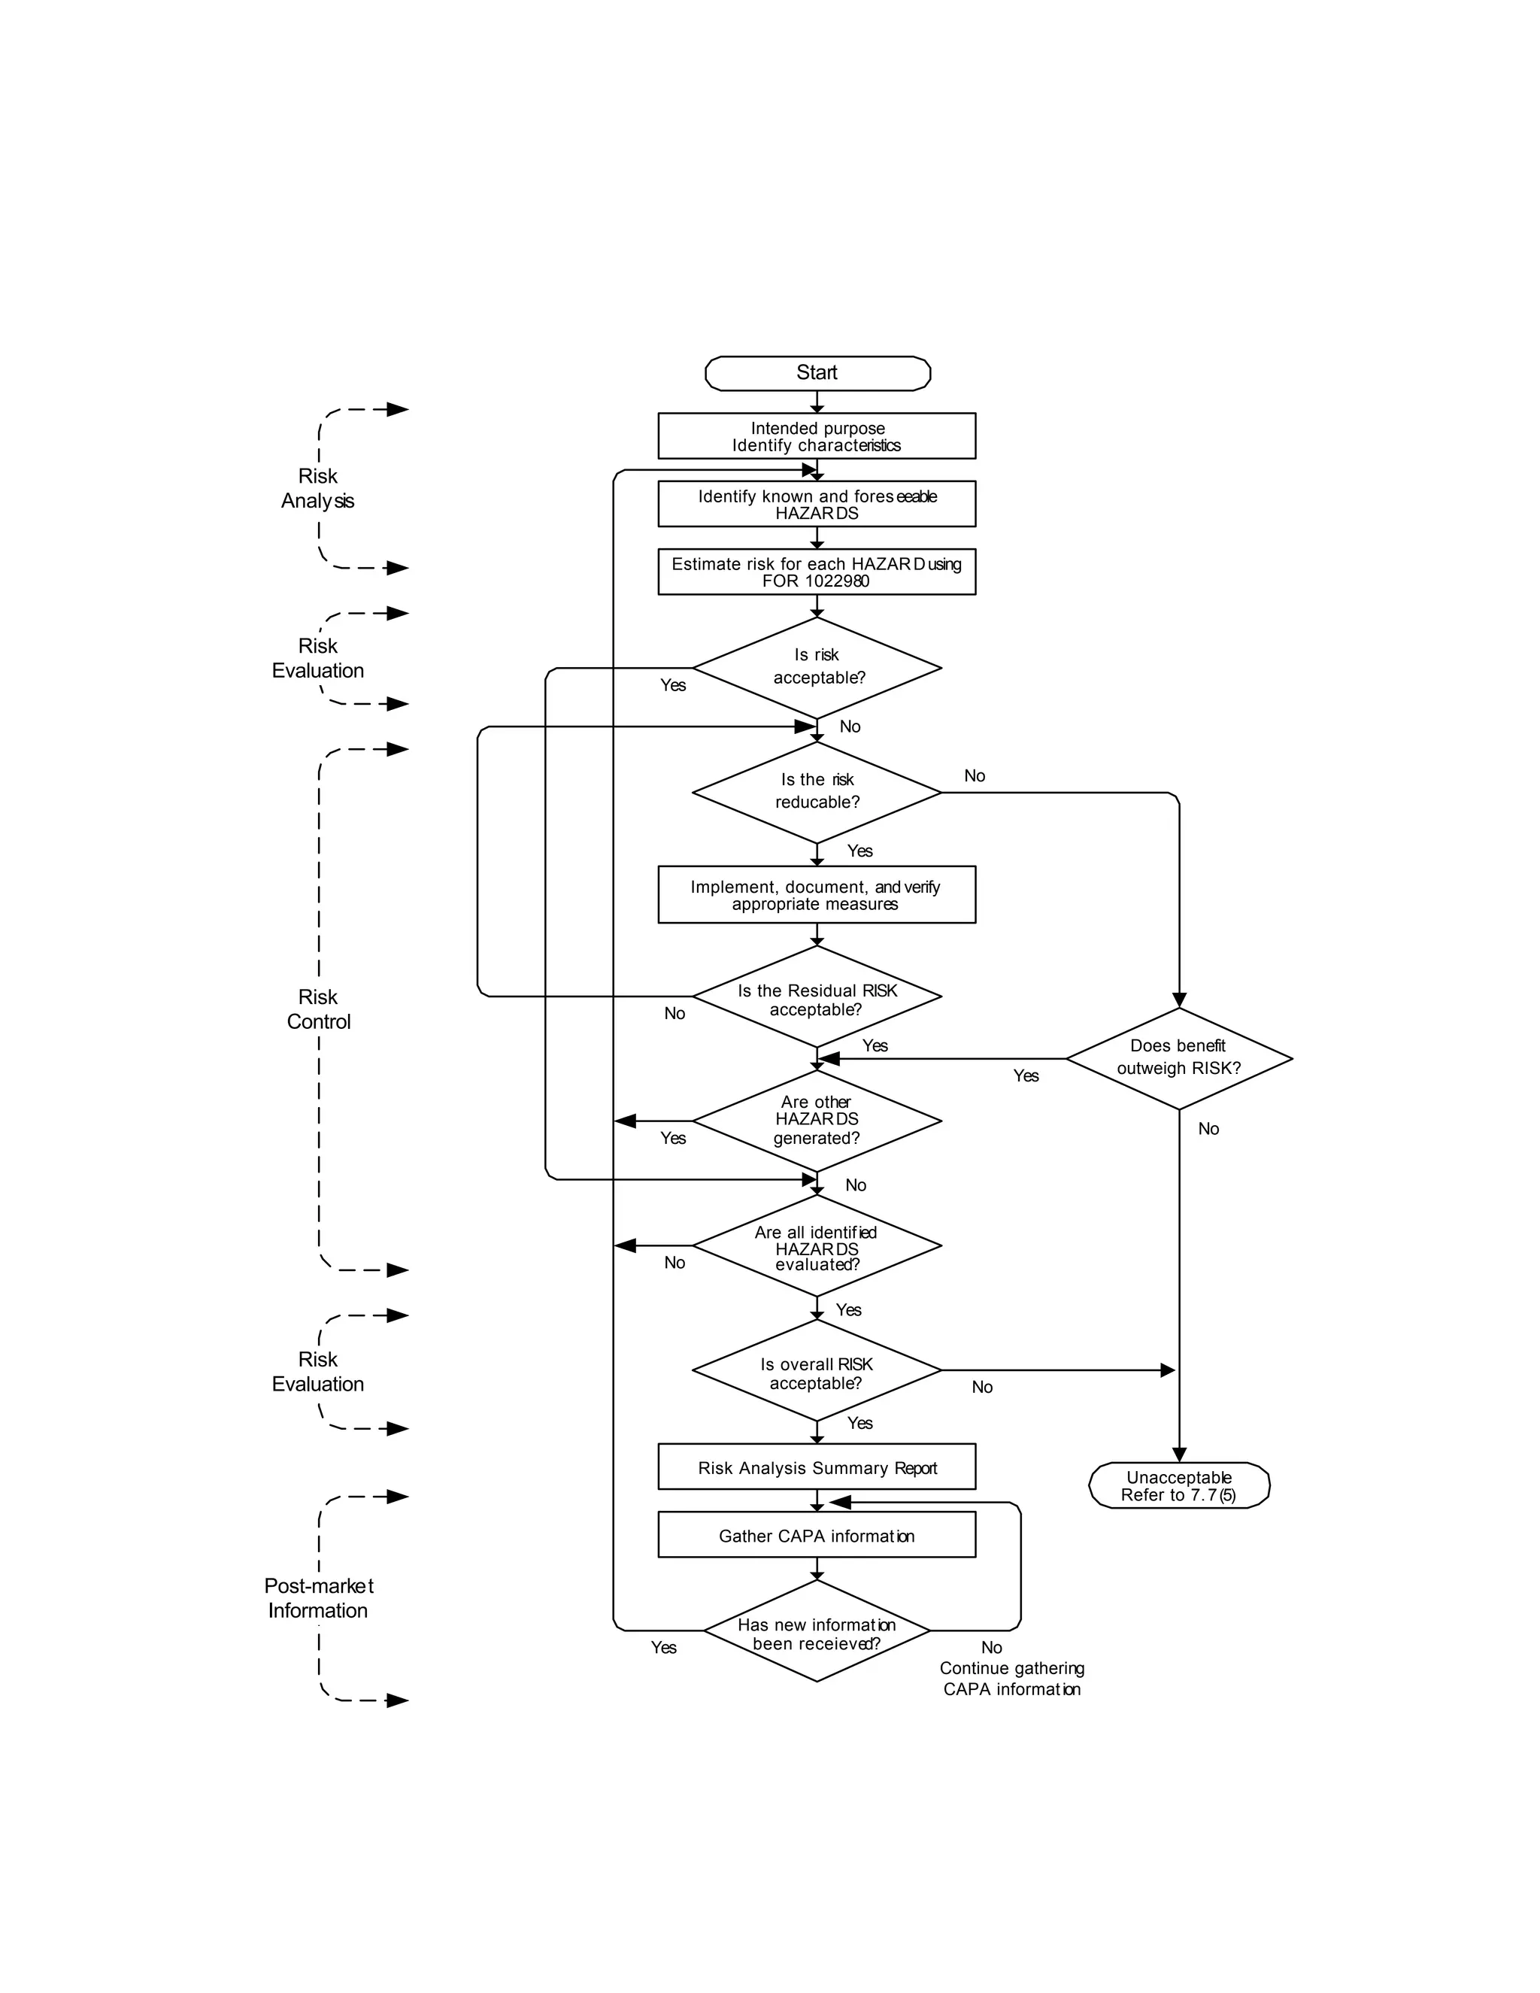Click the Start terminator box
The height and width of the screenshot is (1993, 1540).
click(817, 373)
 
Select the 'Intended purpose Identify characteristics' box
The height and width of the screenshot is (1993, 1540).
click(817, 436)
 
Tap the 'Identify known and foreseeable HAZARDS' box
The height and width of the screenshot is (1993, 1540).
click(817, 504)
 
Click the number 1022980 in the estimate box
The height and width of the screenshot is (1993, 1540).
click(837, 581)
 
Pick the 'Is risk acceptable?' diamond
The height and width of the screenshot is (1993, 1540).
click(817, 667)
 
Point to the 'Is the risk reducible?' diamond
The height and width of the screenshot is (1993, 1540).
click(817, 791)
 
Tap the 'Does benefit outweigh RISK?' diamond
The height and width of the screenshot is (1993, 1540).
click(1179, 1057)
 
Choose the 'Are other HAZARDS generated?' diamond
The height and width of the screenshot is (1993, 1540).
click(817, 1120)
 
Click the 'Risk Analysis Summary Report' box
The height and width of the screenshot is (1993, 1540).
click(817, 1467)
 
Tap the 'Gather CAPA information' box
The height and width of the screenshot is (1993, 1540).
click(817, 1536)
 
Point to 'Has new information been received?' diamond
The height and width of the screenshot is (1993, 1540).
click(817, 1634)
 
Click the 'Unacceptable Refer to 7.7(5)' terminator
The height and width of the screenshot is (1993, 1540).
click(1179, 1485)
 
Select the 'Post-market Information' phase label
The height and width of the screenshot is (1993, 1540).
click(318, 1598)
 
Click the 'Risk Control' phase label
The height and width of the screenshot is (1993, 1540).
click(318, 1009)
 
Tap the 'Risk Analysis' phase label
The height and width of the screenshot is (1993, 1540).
click(317, 488)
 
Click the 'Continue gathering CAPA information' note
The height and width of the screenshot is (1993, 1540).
click(1012, 1679)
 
